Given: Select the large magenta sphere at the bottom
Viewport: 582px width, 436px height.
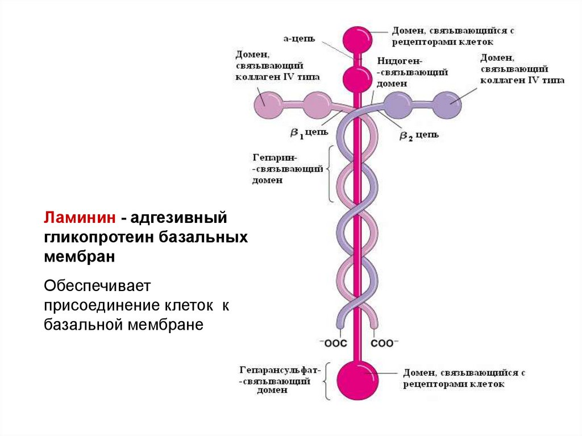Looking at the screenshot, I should (357, 379).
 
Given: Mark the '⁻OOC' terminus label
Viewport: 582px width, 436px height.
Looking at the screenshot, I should (333, 343).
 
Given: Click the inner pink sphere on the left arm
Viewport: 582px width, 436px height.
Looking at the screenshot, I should (315, 105).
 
